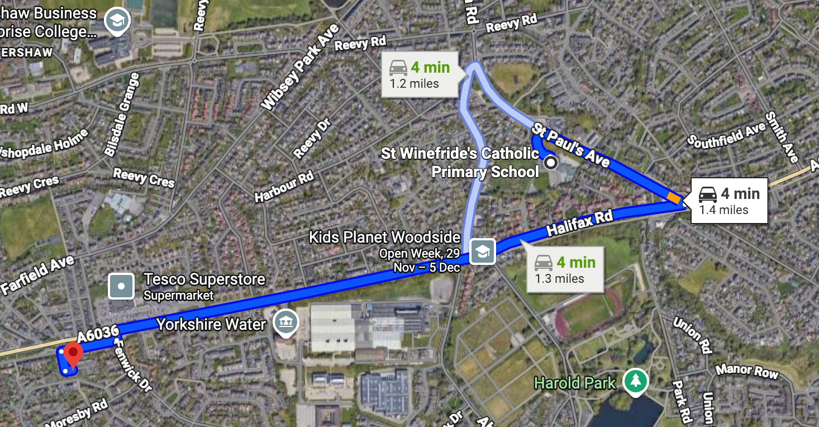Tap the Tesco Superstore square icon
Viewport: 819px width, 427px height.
[121, 286]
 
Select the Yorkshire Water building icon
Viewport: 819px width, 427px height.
[286, 322]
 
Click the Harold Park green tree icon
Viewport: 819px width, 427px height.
[635, 382]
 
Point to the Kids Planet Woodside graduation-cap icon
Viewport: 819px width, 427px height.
[482, 252]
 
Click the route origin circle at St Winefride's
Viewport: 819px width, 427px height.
[551, 163]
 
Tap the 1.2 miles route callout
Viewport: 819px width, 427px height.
[420, 75]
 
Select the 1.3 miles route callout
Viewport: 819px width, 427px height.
[565, 269]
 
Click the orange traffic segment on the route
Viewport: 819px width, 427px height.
[674, 197]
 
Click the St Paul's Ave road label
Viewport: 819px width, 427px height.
[570, 144]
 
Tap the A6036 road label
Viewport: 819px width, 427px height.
[98, 334]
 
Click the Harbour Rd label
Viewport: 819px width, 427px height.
[284, 187]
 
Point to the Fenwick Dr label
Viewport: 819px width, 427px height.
[132, 366]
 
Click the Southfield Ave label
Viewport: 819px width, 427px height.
[726, 137]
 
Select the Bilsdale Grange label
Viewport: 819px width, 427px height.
[122, 115]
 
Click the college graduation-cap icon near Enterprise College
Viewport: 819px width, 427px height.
[118, 22]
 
